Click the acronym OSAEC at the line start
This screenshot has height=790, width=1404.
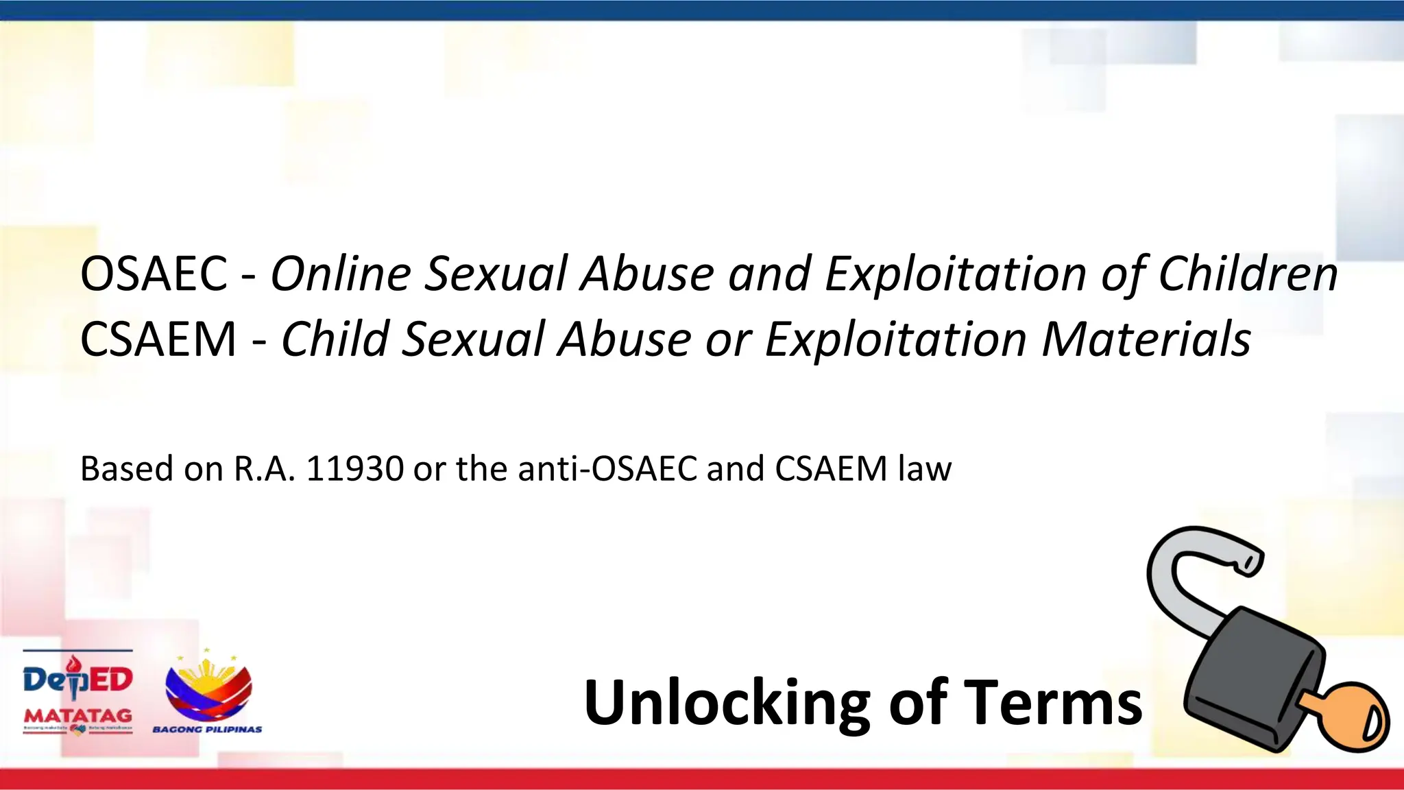(154, 274)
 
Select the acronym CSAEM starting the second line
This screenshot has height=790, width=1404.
(158, 339)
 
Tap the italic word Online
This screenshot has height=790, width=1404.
(341, 274)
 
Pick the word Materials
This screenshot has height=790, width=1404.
(1146, 339)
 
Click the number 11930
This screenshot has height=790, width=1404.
(354, 469)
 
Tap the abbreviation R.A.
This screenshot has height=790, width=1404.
(265, 469)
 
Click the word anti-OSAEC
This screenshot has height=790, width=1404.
(608, 469)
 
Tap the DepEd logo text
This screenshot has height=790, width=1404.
(77, 680)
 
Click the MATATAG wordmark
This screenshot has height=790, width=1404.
(77, 715)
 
